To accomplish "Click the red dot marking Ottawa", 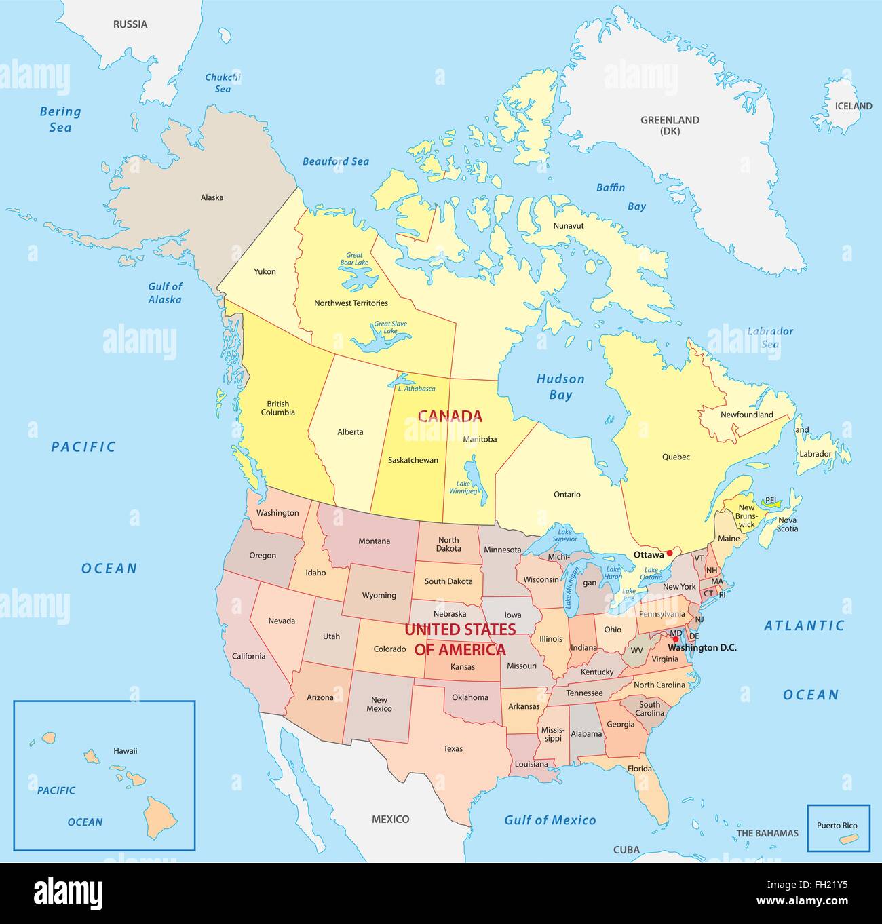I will click(x=670, y=553).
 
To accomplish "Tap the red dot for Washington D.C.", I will click(x=675, y=639).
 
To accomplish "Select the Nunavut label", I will click(x=568, y=225).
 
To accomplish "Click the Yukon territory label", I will click(x=265, y=271).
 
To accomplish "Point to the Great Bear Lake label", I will click(x=353, y=258).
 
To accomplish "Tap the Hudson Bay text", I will click(x=560, y=387).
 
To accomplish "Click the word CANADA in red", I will click(x=449, y=416).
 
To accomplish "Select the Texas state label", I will click(x=453, y=748).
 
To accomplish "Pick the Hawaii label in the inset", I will click(x=125, y=750).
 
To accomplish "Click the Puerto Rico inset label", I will click(x=837, y=826).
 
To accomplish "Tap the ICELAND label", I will click(x=854, y=106).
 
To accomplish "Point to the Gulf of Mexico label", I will click(x=550, y=820).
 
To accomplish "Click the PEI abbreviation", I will click(x=770, y=501).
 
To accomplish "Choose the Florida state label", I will click(x=639, y=769).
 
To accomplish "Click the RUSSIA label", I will click(x=130, y=24).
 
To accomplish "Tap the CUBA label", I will click(x=626, y=849).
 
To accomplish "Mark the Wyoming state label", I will click(x=379, y=595).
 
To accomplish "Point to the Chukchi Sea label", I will click(x=223, y=83).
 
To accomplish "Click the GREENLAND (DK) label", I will click(x=670, y=125).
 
